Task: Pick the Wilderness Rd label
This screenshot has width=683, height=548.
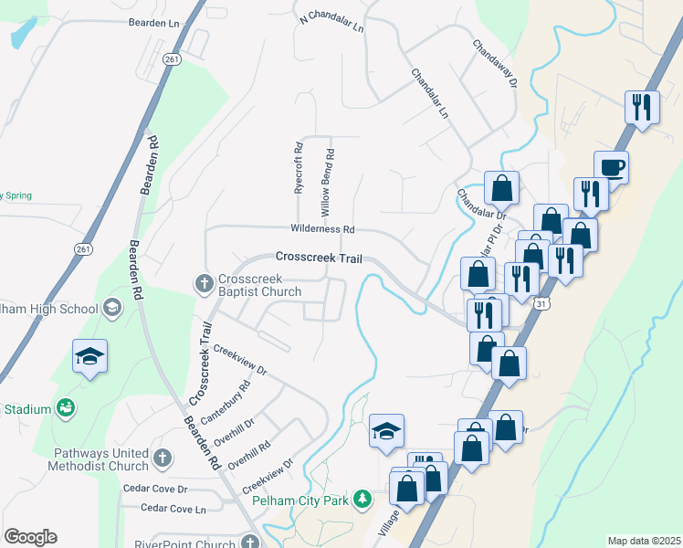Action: click(x=322, y=229)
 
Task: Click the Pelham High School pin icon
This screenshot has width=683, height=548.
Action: click(x=112, y=308)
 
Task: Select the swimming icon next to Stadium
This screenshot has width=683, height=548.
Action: click(x=65, y=408)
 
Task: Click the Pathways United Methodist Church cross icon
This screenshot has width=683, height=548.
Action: click(x=162, y=458)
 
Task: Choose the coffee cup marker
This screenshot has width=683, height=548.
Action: click(x=611, y=168)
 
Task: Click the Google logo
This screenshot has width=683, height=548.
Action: click(x=30, y=537)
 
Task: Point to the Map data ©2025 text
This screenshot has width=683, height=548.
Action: click(x=643, y=541)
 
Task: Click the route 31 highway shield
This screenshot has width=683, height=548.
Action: click(x=541, y=303)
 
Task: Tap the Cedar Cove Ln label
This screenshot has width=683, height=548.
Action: click(x=173, y=508)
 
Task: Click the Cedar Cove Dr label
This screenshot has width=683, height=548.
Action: click(x=155, y=489)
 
